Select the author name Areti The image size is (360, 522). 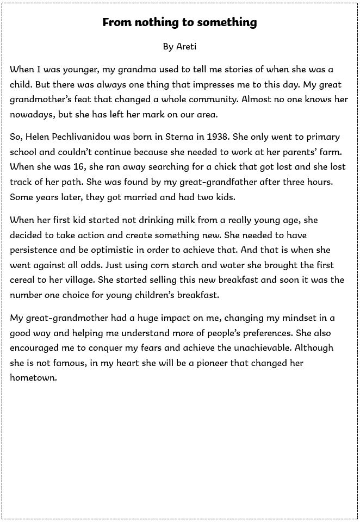tap(187, 47)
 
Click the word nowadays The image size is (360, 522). tap(32, 115)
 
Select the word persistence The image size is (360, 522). tap(36, 250)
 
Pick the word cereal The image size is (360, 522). tap(23, 279)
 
